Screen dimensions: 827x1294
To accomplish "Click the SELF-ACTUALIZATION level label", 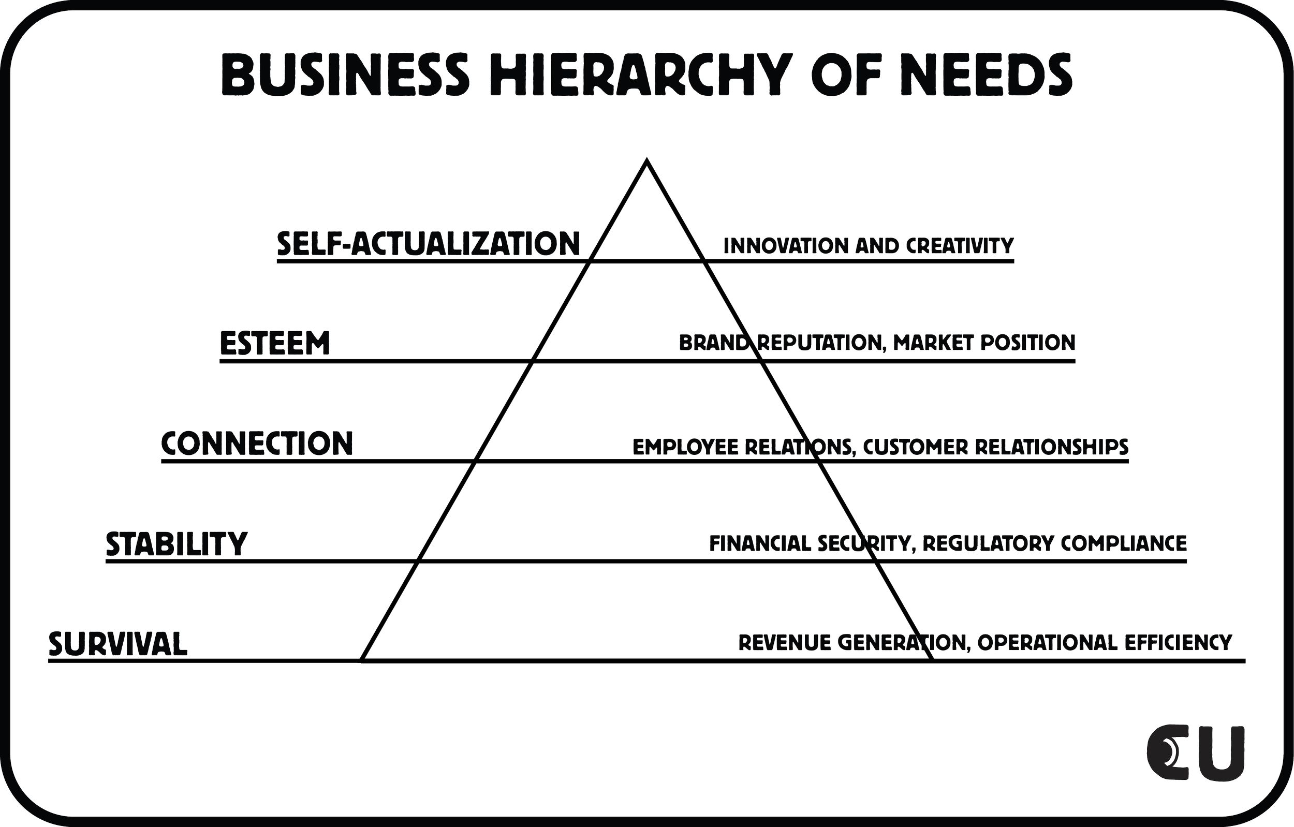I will [x=428, y=244].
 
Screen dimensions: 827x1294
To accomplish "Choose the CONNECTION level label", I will [x=257, y=444].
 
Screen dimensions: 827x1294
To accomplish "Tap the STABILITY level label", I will [x=177, y=543].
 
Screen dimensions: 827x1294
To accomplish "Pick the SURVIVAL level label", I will [x=118, y=643].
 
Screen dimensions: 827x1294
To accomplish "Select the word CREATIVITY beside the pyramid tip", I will [x=959, y=246].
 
